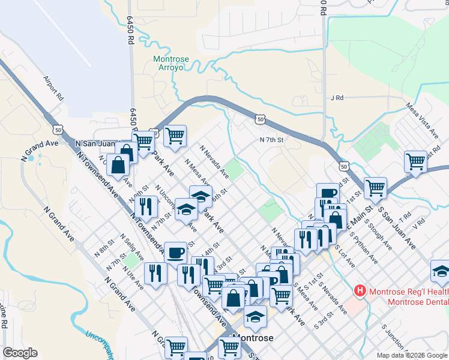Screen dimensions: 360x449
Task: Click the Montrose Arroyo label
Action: pyautogui.click(x=171, y=63)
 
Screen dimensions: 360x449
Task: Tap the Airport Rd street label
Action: pyautogui.click(x=53, y=87)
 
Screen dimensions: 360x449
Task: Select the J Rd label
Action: pyautogui.click(x=336, y=97)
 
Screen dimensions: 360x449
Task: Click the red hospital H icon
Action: pyautogui.click(x=360, y=292)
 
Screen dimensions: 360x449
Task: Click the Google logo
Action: pyautogui.click(x=20, y=353)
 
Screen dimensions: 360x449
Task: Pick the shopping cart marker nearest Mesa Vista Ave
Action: pyautogui.click(x=415, y=161)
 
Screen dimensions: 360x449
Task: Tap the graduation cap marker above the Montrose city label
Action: pyautogui.click(x=255, y=316)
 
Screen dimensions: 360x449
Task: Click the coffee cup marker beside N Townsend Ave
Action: pyautogui.click(x=175, y=253)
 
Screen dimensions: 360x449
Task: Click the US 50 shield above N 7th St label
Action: pyautogui.click(x=259, y=119)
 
